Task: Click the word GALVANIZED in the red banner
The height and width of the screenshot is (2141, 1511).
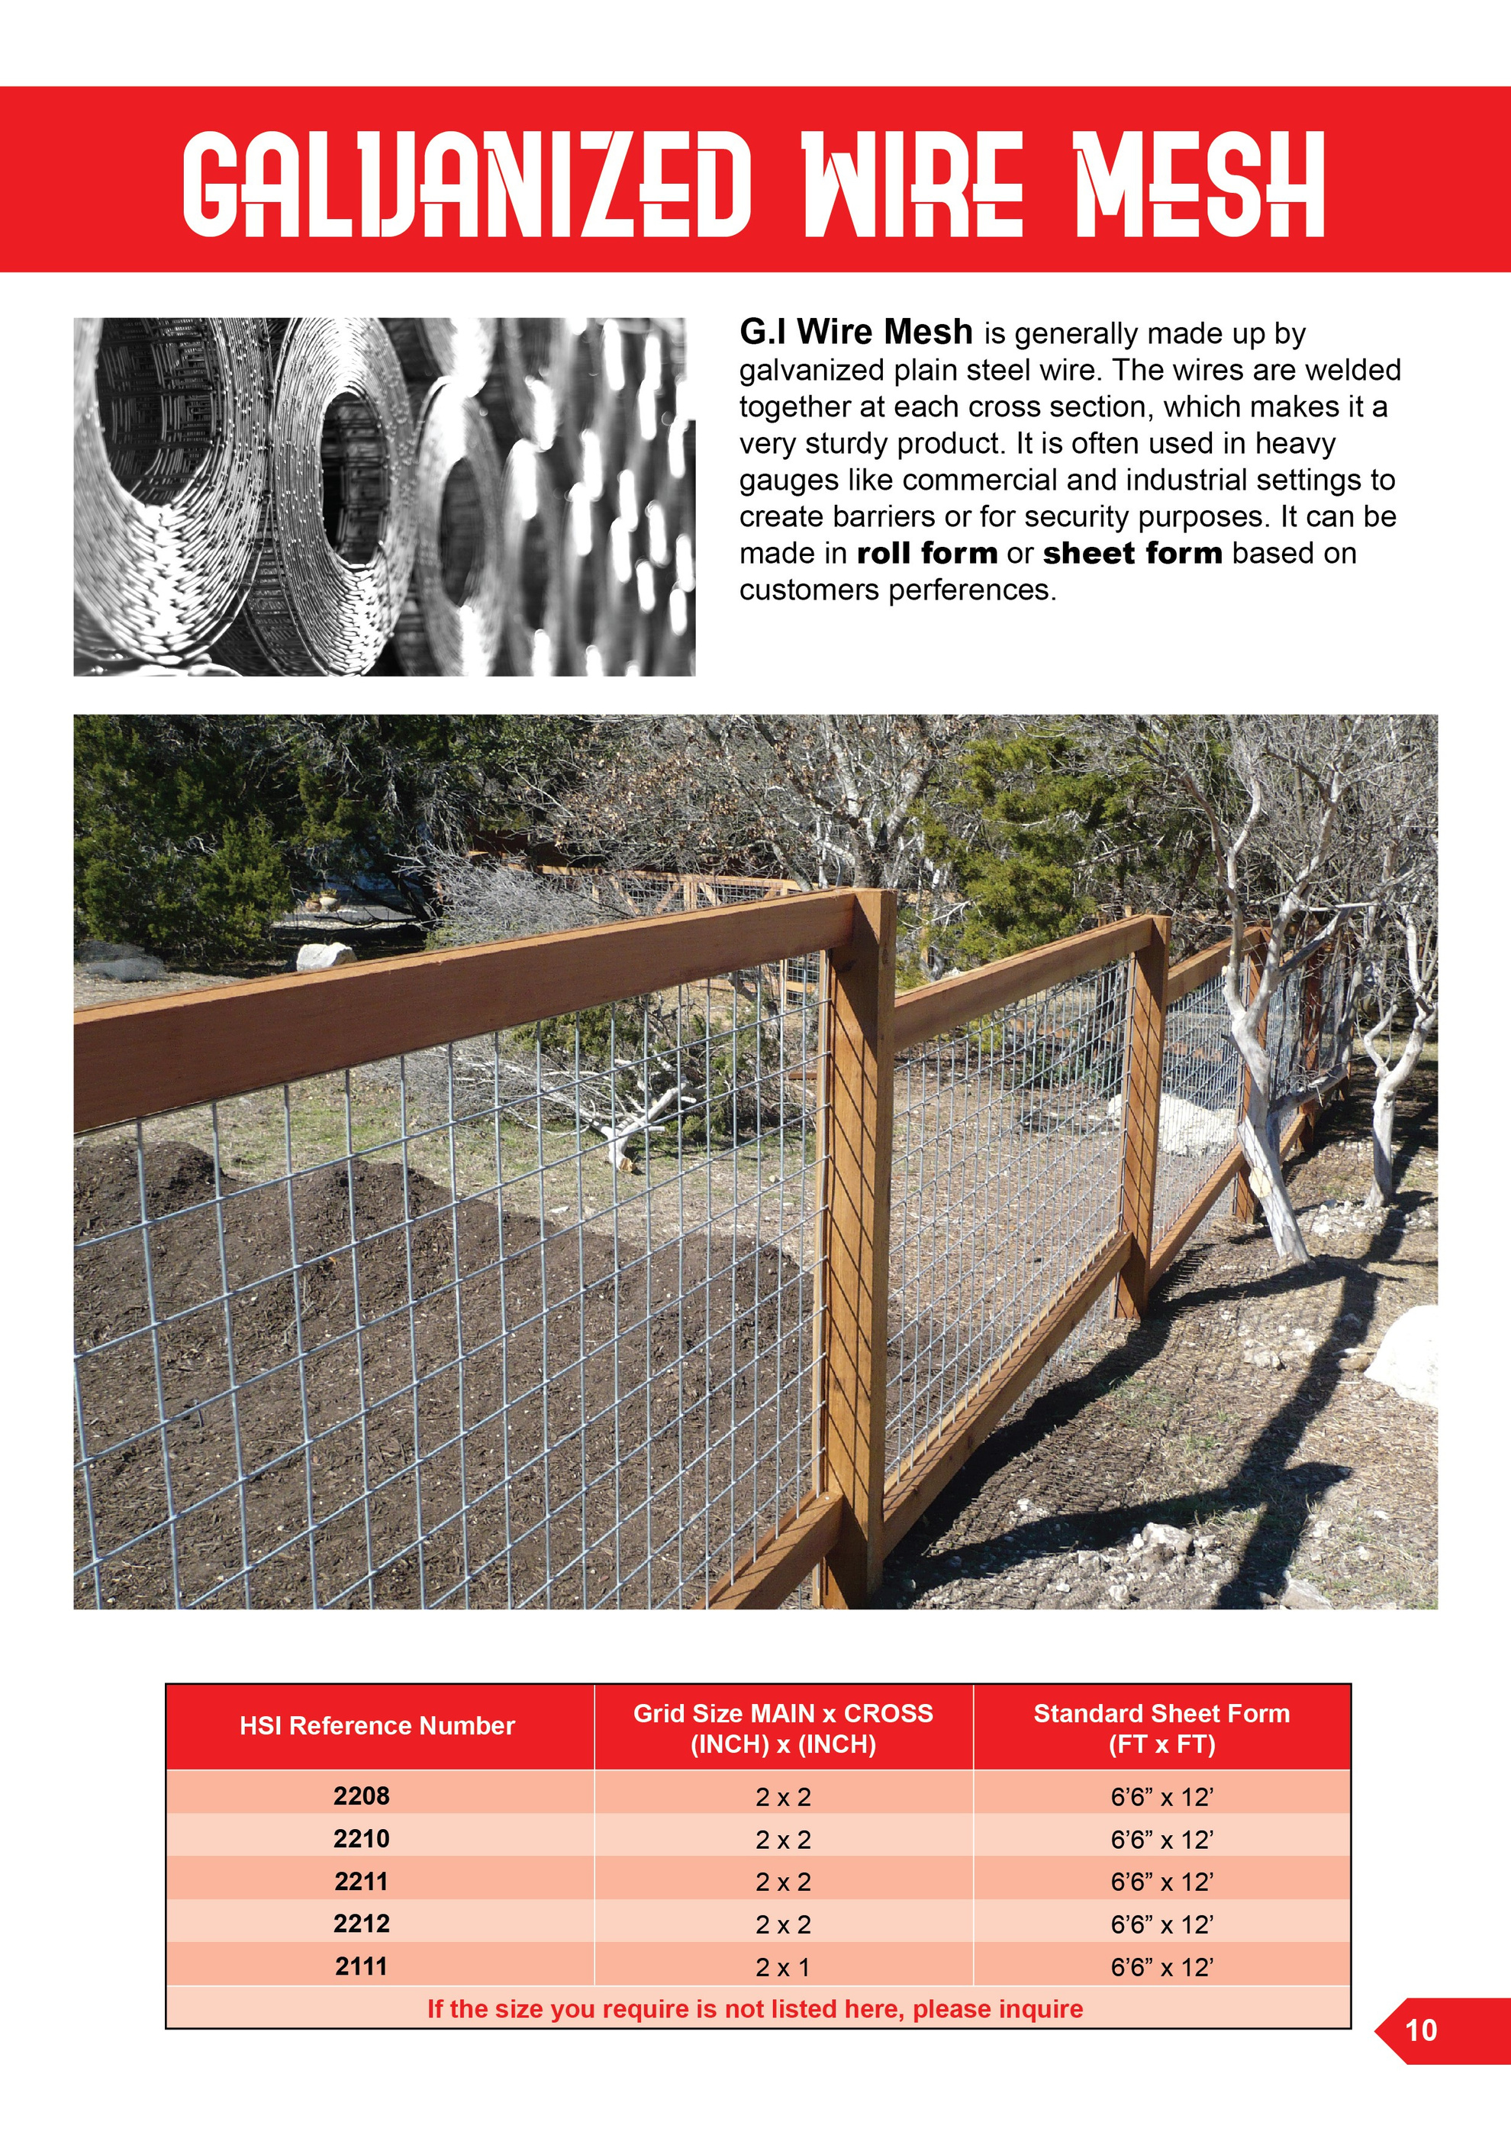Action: (466, 183)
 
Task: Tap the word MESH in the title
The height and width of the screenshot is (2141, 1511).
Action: (1200, 183)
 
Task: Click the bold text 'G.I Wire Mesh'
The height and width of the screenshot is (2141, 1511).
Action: (855, 332)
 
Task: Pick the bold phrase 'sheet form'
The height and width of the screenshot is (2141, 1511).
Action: (1132, 553)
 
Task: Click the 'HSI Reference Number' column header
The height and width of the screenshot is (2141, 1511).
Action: (377, 1726)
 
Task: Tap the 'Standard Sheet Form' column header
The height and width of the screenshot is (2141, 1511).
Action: (1161, 1714)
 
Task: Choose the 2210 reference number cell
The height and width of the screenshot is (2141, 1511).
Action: (362, 1839)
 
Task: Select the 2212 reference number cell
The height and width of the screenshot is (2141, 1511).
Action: (362, 1923)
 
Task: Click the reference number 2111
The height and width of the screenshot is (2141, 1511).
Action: (362, 1966)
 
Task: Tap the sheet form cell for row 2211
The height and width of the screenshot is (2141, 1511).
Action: (1161, 1882)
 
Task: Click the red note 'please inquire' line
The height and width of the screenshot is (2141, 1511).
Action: (755, 2008)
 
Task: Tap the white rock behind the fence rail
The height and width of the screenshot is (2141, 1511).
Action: (324, 956)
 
